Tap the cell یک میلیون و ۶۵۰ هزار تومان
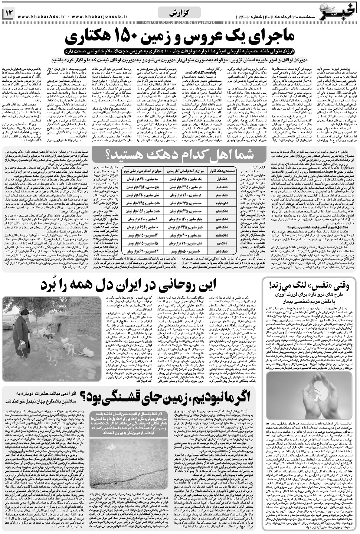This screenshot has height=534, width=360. pyautogui.click(x=182, y=179)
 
